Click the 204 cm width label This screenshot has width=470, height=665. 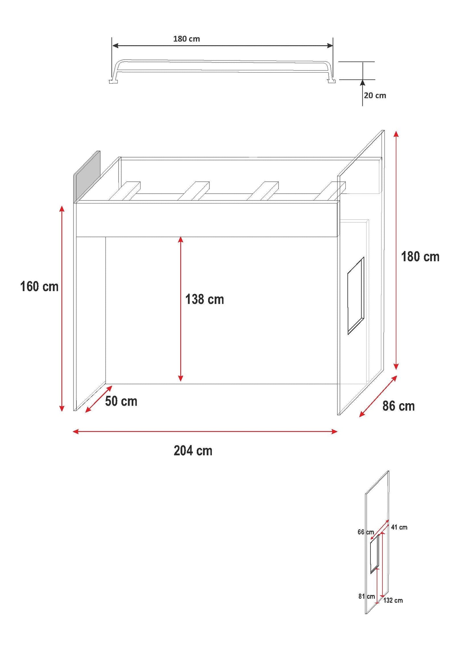point(193,451)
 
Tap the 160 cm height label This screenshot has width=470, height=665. point(39,286)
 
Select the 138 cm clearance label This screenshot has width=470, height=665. point(205,299)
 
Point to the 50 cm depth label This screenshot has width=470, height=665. point(121,401)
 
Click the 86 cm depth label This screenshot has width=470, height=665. point(398,406)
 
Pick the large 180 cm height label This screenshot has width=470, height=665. point(420,257)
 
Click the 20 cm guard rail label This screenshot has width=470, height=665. point(375,95)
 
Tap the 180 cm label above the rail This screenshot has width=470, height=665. point(186,39)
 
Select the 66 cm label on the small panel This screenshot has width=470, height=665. point(366,532)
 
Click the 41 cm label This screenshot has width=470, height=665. point(399,527)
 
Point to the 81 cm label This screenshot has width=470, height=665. point(367,597)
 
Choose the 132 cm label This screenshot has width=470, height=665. point(393,601)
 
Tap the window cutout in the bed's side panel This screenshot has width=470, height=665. point(356,296)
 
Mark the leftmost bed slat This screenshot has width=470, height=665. point(124,191)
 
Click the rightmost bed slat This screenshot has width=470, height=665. point(329,191)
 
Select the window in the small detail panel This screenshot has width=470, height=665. point(375,554)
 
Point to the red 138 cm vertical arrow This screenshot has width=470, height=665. point(181,309)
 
